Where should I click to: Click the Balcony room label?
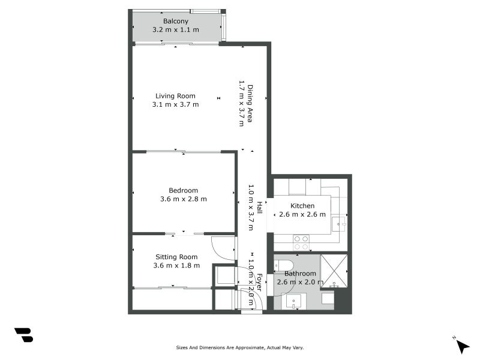(175, 22)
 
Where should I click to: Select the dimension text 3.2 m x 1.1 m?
(175, 30)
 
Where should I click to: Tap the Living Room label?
(175, 96)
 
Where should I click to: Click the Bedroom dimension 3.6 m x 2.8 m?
(183, 199)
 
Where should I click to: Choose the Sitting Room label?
(176, 257)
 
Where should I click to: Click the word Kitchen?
(302, 206)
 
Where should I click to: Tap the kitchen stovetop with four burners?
(301, 242)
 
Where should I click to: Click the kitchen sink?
(339, 225)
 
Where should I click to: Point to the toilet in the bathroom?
(284, 265)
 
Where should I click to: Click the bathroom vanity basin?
(293, 302)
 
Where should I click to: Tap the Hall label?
(259, 208)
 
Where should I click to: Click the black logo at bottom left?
(23, 335)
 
